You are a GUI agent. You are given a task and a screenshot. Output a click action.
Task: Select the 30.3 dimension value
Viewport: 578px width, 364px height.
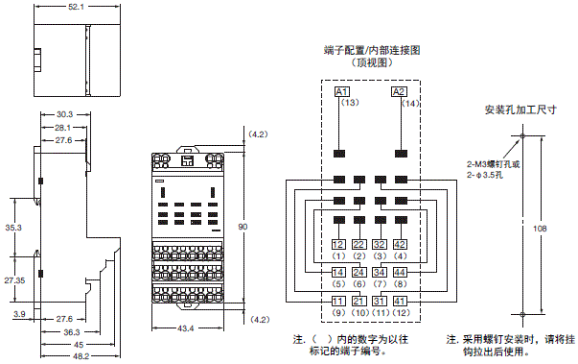(x=64, y=113)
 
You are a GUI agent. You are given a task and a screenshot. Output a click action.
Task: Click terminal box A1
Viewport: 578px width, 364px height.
(x=340, y=91)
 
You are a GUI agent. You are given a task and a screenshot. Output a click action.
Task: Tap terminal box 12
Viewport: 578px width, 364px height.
(x=338, y=244)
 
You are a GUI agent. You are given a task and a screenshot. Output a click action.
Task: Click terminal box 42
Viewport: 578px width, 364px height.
(x=400, y=244)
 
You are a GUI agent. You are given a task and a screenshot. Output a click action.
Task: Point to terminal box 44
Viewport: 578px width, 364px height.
(x=400, y=273)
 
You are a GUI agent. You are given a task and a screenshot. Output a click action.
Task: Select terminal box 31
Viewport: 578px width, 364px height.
(x=380, y=302)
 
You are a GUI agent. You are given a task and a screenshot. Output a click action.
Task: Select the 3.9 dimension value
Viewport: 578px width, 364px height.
(x=18, y=314)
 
